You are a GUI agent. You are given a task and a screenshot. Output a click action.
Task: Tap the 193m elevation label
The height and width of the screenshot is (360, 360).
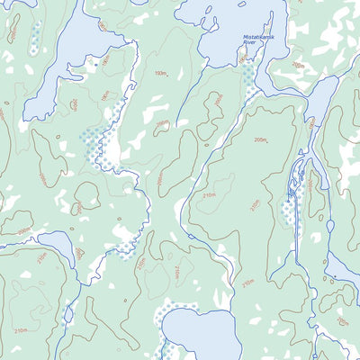coord(161,74)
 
